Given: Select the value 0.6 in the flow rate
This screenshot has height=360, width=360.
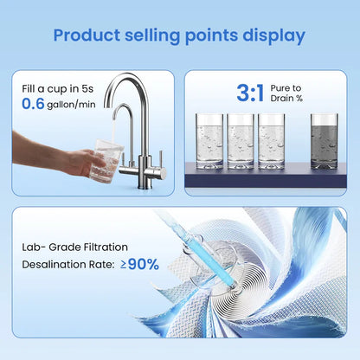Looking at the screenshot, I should pos(37,106).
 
